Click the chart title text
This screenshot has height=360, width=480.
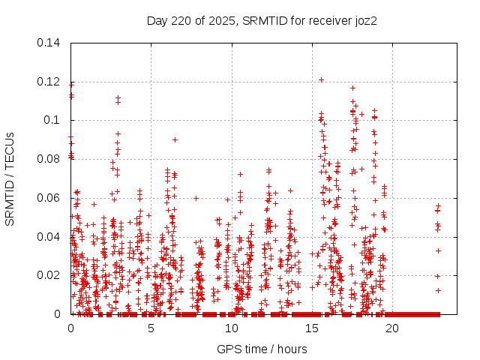coord(261,21)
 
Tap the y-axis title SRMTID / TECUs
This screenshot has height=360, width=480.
coord(10,178)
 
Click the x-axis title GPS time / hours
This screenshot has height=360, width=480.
coord(262,349)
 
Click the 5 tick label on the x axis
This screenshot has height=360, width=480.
coord(151,328)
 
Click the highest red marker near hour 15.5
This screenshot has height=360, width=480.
coord(321,79)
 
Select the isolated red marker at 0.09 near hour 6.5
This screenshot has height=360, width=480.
coord(175,139)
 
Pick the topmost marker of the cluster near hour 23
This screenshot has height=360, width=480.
coord(439,205)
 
